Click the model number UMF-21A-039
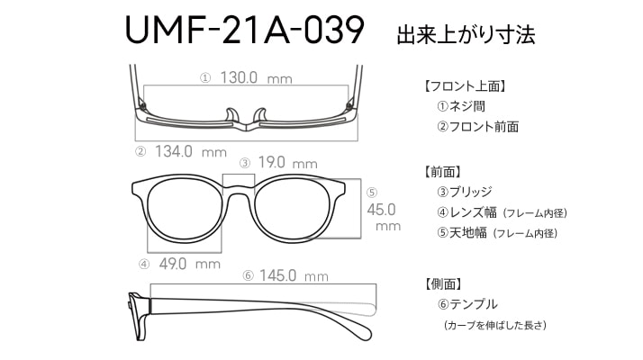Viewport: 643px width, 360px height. tap(244, 30)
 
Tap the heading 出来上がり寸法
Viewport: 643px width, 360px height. tap(466, 34)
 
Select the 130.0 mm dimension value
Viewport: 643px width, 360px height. tap(256, 77)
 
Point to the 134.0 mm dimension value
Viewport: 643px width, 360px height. tap(191, 151)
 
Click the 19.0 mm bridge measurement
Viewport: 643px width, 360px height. tap(287, 162)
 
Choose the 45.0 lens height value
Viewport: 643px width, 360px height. tap(381, 210)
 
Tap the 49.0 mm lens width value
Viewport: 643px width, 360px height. tap(189, 264)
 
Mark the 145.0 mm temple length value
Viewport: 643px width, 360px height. tap(294, 275)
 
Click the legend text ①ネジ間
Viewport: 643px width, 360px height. tap(461, 106)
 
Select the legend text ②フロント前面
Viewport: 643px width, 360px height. tap(478, 126)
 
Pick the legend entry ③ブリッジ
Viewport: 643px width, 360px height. tap(465, 192)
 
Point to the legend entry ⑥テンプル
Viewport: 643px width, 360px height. tap(467, 304)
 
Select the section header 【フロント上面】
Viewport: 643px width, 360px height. tap(465, 86)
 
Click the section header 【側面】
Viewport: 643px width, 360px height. tap(443, 283)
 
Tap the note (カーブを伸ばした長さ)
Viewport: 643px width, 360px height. tap(495, 325)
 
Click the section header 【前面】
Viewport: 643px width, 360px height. tap(443, 172)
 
